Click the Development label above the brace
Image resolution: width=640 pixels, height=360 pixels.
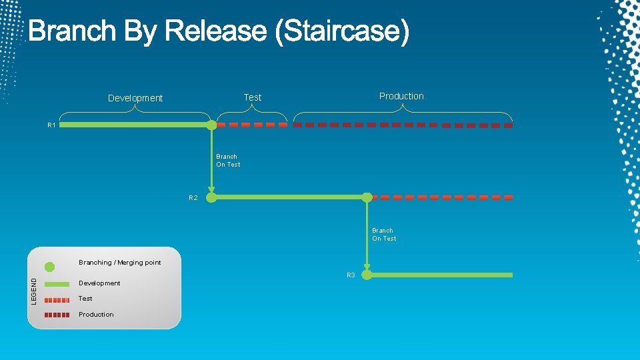135,98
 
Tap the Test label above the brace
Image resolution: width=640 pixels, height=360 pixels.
253,97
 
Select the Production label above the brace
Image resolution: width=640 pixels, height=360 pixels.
401,96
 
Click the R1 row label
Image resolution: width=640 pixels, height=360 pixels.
51,125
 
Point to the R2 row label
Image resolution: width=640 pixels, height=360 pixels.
193,198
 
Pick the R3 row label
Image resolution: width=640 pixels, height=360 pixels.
351,275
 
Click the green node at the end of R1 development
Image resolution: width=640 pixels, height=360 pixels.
211,125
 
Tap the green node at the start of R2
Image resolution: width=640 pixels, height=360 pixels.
211,197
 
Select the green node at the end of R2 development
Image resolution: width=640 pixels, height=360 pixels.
367,197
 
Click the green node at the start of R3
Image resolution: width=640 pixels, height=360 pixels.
367,275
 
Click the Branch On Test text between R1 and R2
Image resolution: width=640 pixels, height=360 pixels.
228,161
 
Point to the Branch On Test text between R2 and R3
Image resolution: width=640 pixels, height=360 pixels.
384,235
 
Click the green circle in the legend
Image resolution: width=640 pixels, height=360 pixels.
49,267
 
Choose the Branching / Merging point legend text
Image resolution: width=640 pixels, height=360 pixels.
120,263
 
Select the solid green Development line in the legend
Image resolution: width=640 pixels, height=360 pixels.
57,283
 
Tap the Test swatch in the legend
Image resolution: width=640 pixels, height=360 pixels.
57,299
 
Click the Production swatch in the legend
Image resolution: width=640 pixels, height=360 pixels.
57,315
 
